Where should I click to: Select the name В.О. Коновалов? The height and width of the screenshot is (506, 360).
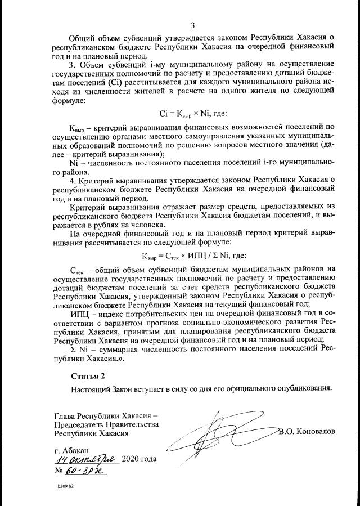pos(307,431)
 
